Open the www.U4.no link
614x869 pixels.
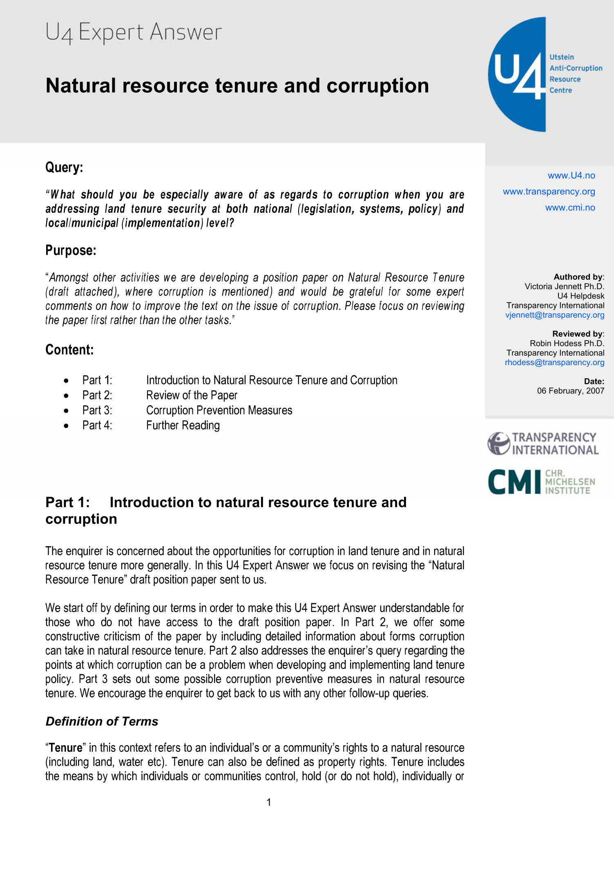click(571, 176)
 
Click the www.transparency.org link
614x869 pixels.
click(549, 192)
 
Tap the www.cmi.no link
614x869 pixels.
click(570, 207)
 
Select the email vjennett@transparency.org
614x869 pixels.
click(554, 315)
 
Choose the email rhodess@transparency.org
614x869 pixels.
click(554, 362)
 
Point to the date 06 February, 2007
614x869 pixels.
click(570, 391)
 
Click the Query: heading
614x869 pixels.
click(64, 167)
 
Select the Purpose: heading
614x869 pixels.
click(71, 250)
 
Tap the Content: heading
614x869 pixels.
click(69, 350)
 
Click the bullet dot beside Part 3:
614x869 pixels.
click(66, 411)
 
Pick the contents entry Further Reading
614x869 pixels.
click(183, 426)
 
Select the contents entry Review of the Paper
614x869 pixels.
click(192, 395)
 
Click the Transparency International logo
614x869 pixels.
click(543, 443)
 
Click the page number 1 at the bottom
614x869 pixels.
click(269, 802)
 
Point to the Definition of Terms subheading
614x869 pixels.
click(102, 721)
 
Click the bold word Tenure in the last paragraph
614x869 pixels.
click(65, 748)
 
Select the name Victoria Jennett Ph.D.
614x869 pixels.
click(564, 286)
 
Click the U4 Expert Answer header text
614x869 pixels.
click(133, 32)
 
